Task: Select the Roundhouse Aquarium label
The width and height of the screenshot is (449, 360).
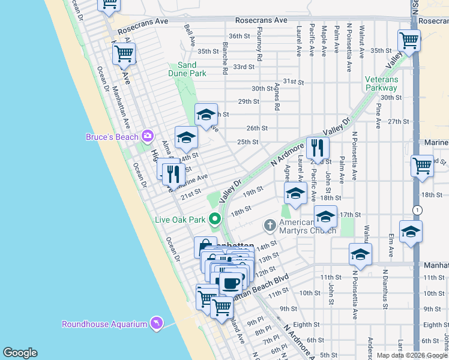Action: [x=104, y=324]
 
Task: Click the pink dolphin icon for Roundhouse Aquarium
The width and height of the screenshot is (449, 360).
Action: [x=157, y=323]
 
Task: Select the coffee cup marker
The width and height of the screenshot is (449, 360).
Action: [x=230, y=283]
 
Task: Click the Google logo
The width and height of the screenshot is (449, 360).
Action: [x=20, y=352]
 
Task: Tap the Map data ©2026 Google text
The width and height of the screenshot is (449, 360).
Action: [x=411, y=355]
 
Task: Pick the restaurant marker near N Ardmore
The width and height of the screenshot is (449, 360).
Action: [x=318, y=148]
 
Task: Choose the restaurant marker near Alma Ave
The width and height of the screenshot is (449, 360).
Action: [x=173, y=174]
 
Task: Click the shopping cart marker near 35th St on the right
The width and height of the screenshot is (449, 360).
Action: [x=409, y=41]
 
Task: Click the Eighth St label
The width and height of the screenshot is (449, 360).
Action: [x=424, y=325]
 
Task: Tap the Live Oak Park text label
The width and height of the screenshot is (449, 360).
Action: [x=181, y=220]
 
